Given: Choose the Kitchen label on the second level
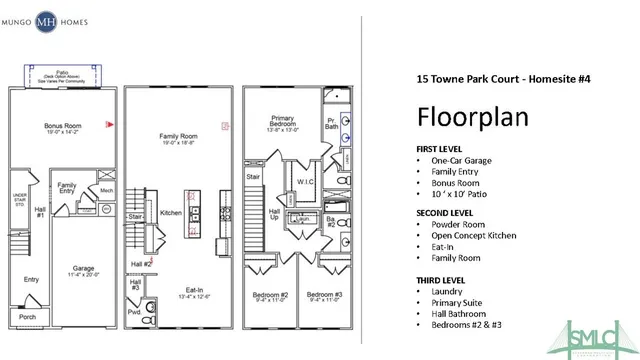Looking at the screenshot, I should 170,212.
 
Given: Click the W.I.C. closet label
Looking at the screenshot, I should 306,182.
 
